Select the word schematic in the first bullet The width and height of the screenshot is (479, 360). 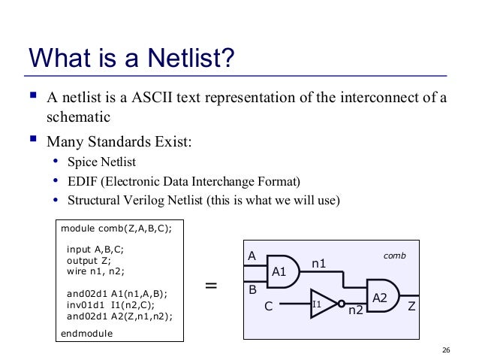tap(78, 117)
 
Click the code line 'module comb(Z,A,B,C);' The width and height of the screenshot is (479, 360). tap(116, 228)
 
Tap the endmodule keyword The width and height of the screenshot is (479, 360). tap(86, 333)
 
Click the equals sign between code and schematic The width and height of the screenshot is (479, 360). tap(211, 286)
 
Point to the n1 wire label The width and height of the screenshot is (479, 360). tap(319, 264)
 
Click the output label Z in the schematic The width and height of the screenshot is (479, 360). tap(411, 307)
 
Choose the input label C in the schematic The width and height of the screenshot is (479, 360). tap(267, 307)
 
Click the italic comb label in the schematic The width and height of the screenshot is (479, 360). tap(395, 256)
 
